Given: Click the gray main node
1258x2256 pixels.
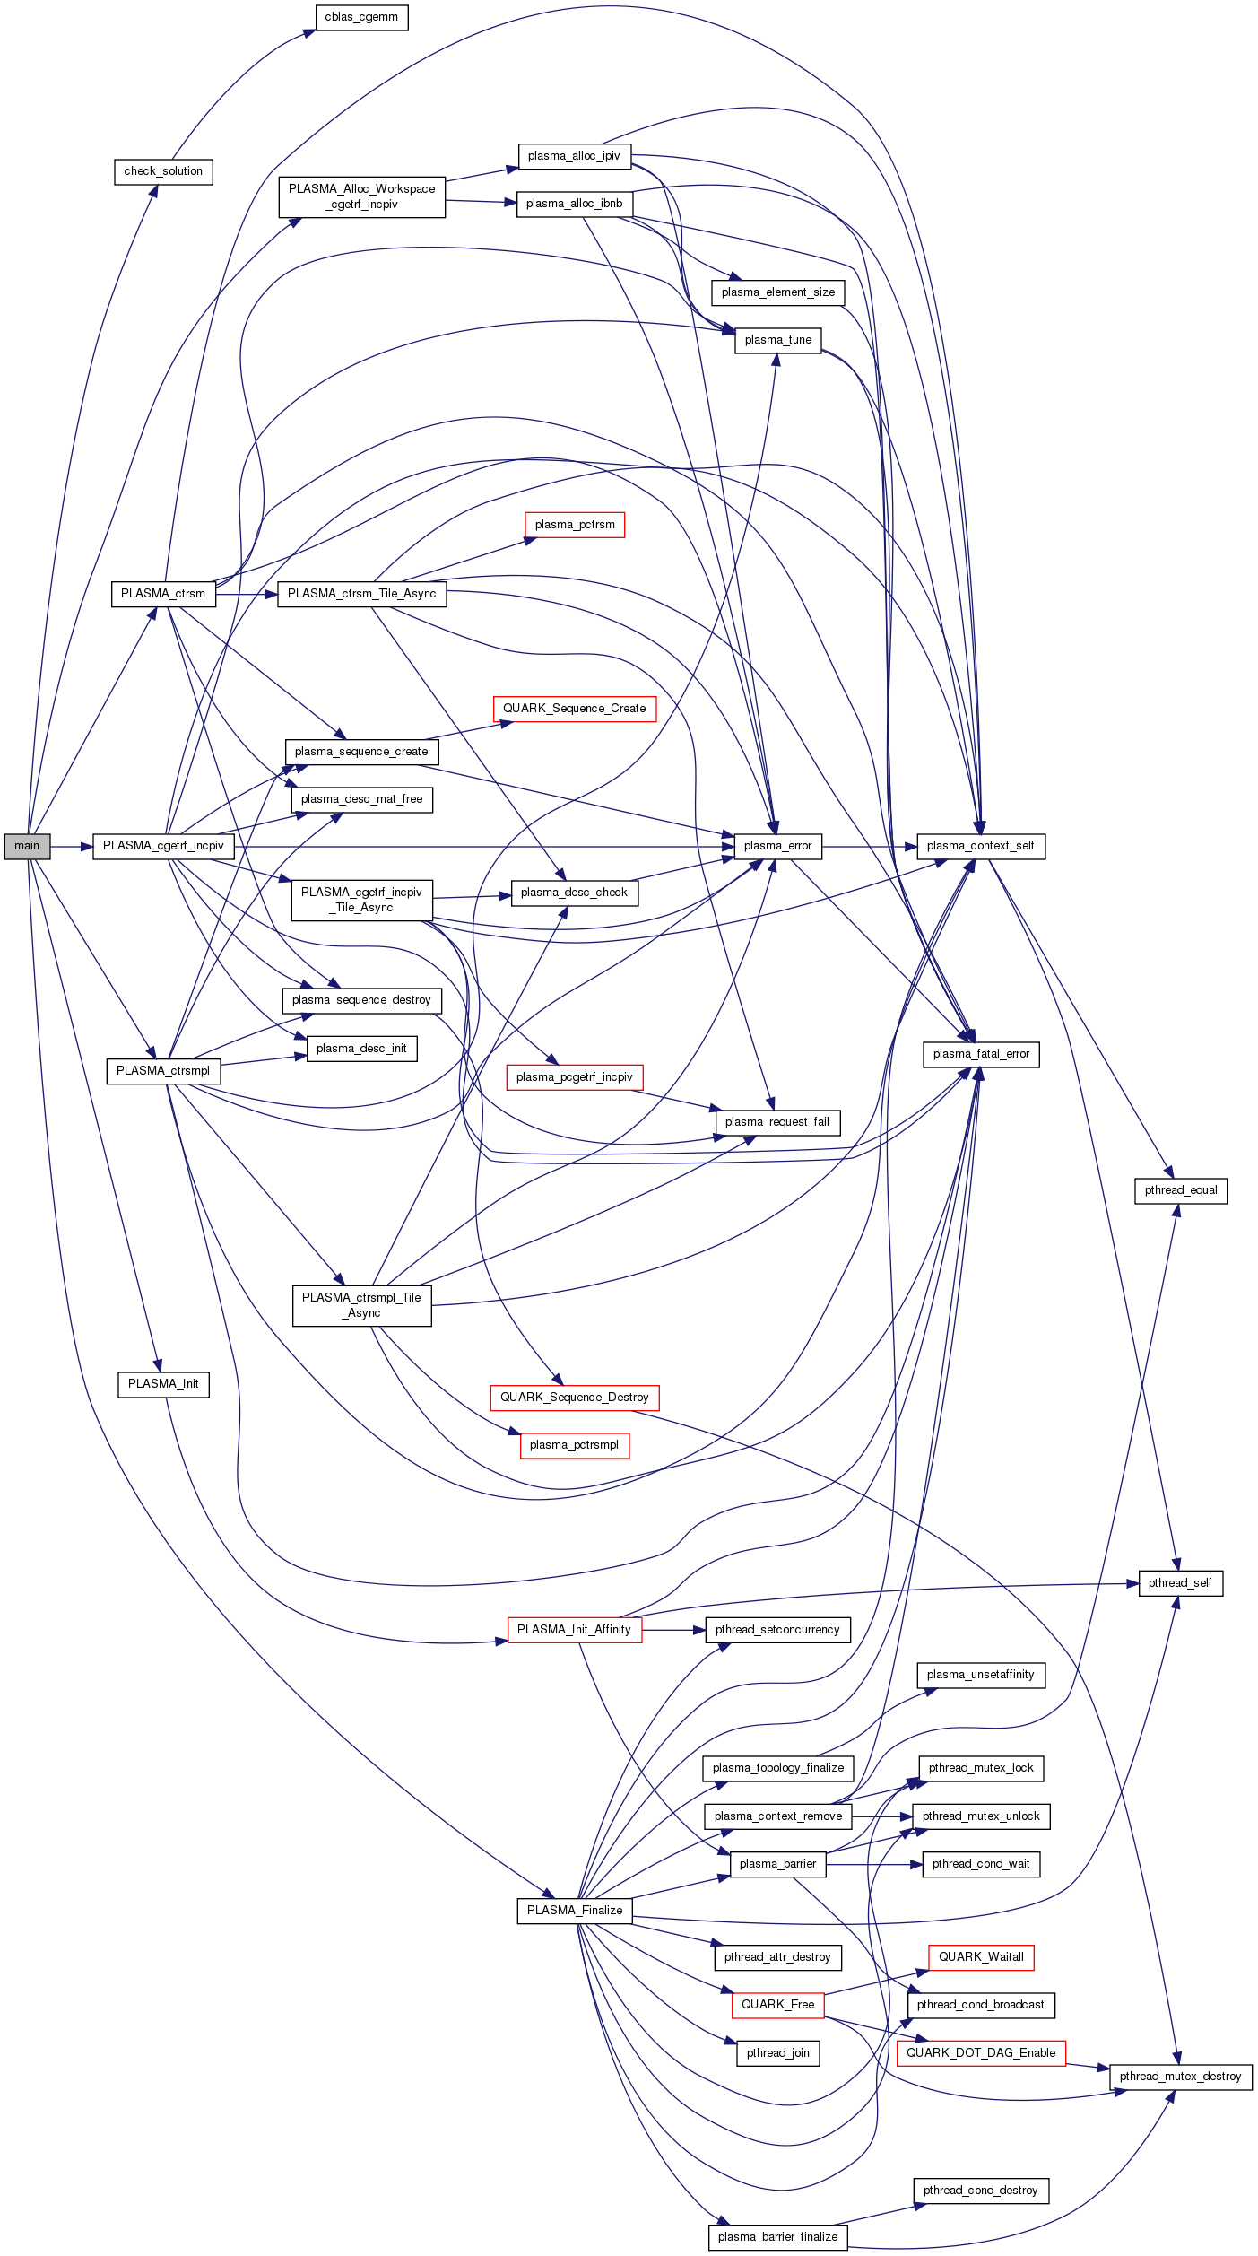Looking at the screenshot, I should point(27,846).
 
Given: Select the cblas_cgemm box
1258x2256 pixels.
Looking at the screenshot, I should point(361,17).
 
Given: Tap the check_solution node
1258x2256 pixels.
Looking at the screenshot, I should point(163,171).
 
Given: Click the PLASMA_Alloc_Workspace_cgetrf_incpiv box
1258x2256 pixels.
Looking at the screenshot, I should point(361,196).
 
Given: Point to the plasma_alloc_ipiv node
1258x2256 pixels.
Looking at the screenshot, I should point(574,156).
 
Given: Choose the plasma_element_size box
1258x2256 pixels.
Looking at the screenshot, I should point(777,292).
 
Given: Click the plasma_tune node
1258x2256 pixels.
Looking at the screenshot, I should point(777,340).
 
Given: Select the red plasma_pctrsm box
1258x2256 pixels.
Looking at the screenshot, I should point(575,525).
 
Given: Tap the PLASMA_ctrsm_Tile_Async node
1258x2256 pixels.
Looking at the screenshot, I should point(361,594).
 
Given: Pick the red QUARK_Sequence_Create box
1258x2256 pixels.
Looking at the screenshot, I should point(574,709).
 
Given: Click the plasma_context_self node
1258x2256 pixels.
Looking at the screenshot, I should point(980,846).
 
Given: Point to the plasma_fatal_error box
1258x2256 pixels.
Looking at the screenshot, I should point(981,1054).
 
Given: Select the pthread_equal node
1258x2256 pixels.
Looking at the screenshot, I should point(1181,1190).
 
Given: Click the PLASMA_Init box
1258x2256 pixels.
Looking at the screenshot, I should point(163,1384).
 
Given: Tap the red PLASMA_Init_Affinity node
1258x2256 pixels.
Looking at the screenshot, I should point(574,1630).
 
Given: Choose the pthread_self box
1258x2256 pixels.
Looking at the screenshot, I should point(1180,1583).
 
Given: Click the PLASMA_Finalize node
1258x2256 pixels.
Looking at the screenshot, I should point(575,1911).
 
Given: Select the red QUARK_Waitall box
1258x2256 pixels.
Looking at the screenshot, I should point(981,1957).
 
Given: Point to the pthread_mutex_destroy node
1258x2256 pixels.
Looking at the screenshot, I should point(1180,2077).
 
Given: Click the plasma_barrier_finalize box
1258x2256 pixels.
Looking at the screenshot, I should point(777,2237).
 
